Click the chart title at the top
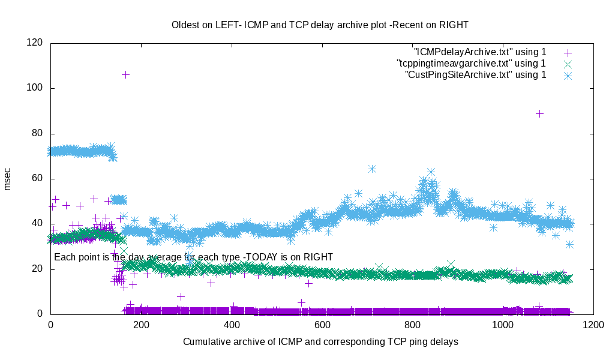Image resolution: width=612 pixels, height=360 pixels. (320, 25)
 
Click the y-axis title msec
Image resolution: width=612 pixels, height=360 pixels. (8, 179)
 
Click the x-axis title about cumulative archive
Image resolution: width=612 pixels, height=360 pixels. (321, 342)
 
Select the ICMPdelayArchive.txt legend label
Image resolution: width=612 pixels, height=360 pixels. (480, 52)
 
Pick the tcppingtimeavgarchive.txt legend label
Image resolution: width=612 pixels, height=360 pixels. (471, 63)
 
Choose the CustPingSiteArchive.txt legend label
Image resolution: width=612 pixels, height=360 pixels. (476, 74)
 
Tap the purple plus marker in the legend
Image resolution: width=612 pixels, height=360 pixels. (568, 53)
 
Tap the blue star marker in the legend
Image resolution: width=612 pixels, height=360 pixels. (568, 75)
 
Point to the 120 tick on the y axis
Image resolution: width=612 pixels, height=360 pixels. (34, 43)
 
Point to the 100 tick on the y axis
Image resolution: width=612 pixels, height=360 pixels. (34, 88)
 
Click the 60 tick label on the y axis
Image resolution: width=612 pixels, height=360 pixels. (37, 178)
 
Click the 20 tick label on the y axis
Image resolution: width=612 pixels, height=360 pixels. (37, 269)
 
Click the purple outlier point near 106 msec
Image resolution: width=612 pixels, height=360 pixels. (125, 74)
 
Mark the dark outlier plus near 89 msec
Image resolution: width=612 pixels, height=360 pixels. (539, 113)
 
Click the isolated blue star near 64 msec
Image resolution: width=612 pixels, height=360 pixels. (372, 169)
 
